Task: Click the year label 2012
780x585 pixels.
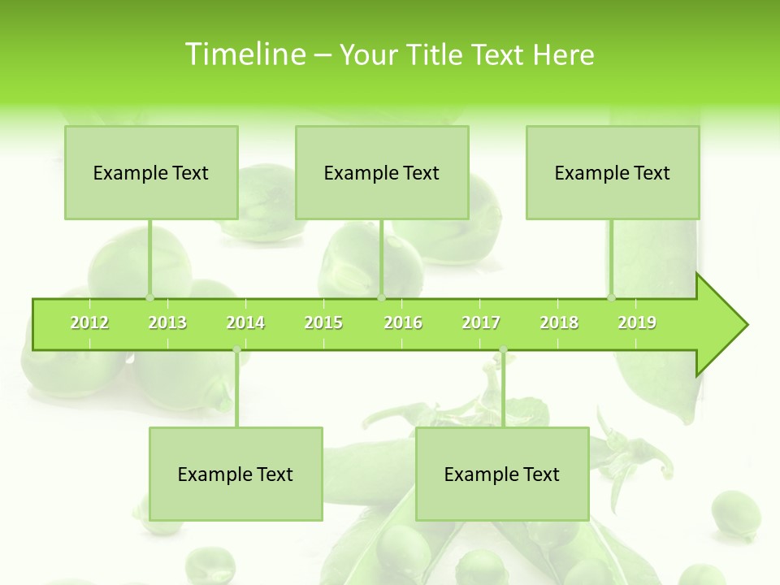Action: [x=89, y=323]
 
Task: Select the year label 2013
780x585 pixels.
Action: [x=167, y=323]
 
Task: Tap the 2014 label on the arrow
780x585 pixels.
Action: [x=245, y=323]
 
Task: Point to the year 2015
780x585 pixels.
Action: [x=323, y=323]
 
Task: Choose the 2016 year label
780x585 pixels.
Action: [x=403, y=323]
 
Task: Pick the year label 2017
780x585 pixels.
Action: [x=481, y=323]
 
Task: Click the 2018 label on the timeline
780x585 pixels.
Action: [x=559, y=323]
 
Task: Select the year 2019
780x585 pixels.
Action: [x=637, y=323]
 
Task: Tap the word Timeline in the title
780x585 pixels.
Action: [x=244, y=54]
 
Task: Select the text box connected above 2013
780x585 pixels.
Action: [x=151, y=172]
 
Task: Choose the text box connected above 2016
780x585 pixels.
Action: [x=382, y=172]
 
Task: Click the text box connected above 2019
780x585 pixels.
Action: [x=613, y=172]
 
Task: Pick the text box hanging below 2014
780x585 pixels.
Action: [x=236, y=474]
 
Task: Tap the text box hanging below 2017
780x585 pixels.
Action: [x=502, y=474]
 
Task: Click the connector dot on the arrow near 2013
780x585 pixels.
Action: [x=149, y=297]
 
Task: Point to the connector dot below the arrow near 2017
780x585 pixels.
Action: [x=503, y=350]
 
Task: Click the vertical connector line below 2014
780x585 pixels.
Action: [x=236, y=390]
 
